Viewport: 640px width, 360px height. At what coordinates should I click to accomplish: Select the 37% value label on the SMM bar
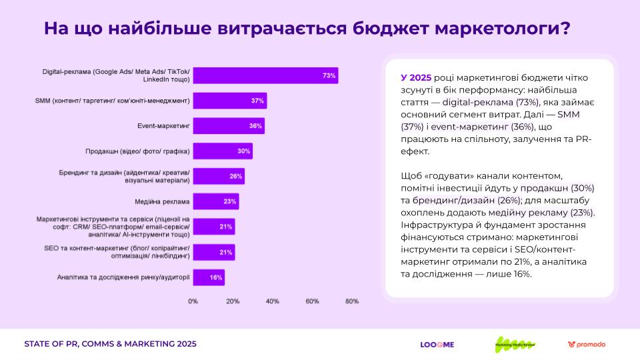click(x=257, y=101)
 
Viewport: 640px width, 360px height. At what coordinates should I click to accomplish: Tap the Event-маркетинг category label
click(x=163, y=126)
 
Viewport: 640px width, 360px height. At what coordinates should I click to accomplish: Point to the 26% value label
click(x=235, y=177)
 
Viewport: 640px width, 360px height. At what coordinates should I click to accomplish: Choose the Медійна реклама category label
click(x=162, y=201)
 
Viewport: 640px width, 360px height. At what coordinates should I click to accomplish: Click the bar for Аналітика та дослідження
click(x=208, y=277)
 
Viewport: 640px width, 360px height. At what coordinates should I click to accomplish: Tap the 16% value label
click(x=215, y=277)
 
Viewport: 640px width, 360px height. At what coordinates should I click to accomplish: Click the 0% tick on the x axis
click(x=193, y=301)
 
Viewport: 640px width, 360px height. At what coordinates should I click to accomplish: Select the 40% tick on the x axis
click(x=272, y=301)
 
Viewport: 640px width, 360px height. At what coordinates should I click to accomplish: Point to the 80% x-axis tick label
click(x=351, y=301)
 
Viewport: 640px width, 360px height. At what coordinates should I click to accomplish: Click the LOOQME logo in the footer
click(x=437, y=345)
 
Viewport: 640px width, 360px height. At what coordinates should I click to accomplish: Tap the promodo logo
click(x=587, y=345)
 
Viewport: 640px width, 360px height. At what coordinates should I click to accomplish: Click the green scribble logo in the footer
click(x=515, y=344)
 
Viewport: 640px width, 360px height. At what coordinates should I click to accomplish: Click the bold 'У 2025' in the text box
click(x=417, y=77)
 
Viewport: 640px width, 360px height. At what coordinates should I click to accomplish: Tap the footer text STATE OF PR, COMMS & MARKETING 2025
click(x=110, y=345)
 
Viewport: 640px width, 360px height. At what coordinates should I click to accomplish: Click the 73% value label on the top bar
click(x=329, y=75)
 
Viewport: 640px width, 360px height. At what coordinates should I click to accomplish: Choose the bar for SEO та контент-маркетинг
click(x=213, y=252)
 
